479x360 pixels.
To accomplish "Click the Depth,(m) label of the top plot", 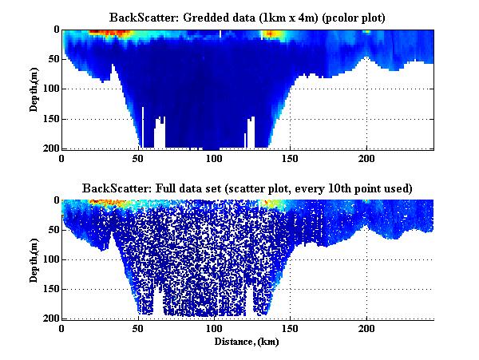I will point(34,89).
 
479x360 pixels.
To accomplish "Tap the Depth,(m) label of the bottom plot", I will point(34,259).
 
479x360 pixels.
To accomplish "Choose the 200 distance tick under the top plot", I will point(366,158).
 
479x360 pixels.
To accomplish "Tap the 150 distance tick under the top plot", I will point(290,158).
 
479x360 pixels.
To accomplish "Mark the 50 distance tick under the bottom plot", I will point(138,328).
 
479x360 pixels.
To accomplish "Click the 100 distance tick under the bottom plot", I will point(214,328).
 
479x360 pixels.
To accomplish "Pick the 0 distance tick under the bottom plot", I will point(62,328).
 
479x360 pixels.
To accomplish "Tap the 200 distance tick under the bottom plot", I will point(366,328).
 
